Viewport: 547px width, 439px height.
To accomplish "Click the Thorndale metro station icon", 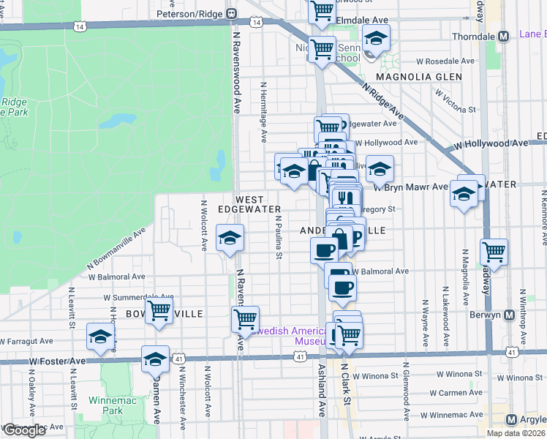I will pyautogui.click(x=503, y=37).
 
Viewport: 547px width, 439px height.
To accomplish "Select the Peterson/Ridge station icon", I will pyautogui.click(x=231, y=12).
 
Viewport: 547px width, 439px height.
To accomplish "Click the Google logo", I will pyautogui.click(x=24, y=430).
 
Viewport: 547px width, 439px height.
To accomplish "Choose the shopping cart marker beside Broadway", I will pyautogui.click(x=494, y=253).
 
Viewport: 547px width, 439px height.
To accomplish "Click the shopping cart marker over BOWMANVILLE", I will pyautogui.click(x=159, y=310).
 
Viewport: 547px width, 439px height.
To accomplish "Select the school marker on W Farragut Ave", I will pyautogui.click(x=100, y=337).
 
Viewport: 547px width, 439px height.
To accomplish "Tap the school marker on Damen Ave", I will pyautogui.click(x=155, y=359).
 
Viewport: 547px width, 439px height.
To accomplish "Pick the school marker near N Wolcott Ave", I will pyautogui.click(x=230, y=239).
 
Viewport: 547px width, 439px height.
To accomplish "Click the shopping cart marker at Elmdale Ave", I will pyautogui.click(x=321, y=10).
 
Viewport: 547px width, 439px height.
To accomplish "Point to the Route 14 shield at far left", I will pyautogui.click(x=78, y=26).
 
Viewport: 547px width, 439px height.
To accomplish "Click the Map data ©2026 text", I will pyautogui.click(x=516, y=432).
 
